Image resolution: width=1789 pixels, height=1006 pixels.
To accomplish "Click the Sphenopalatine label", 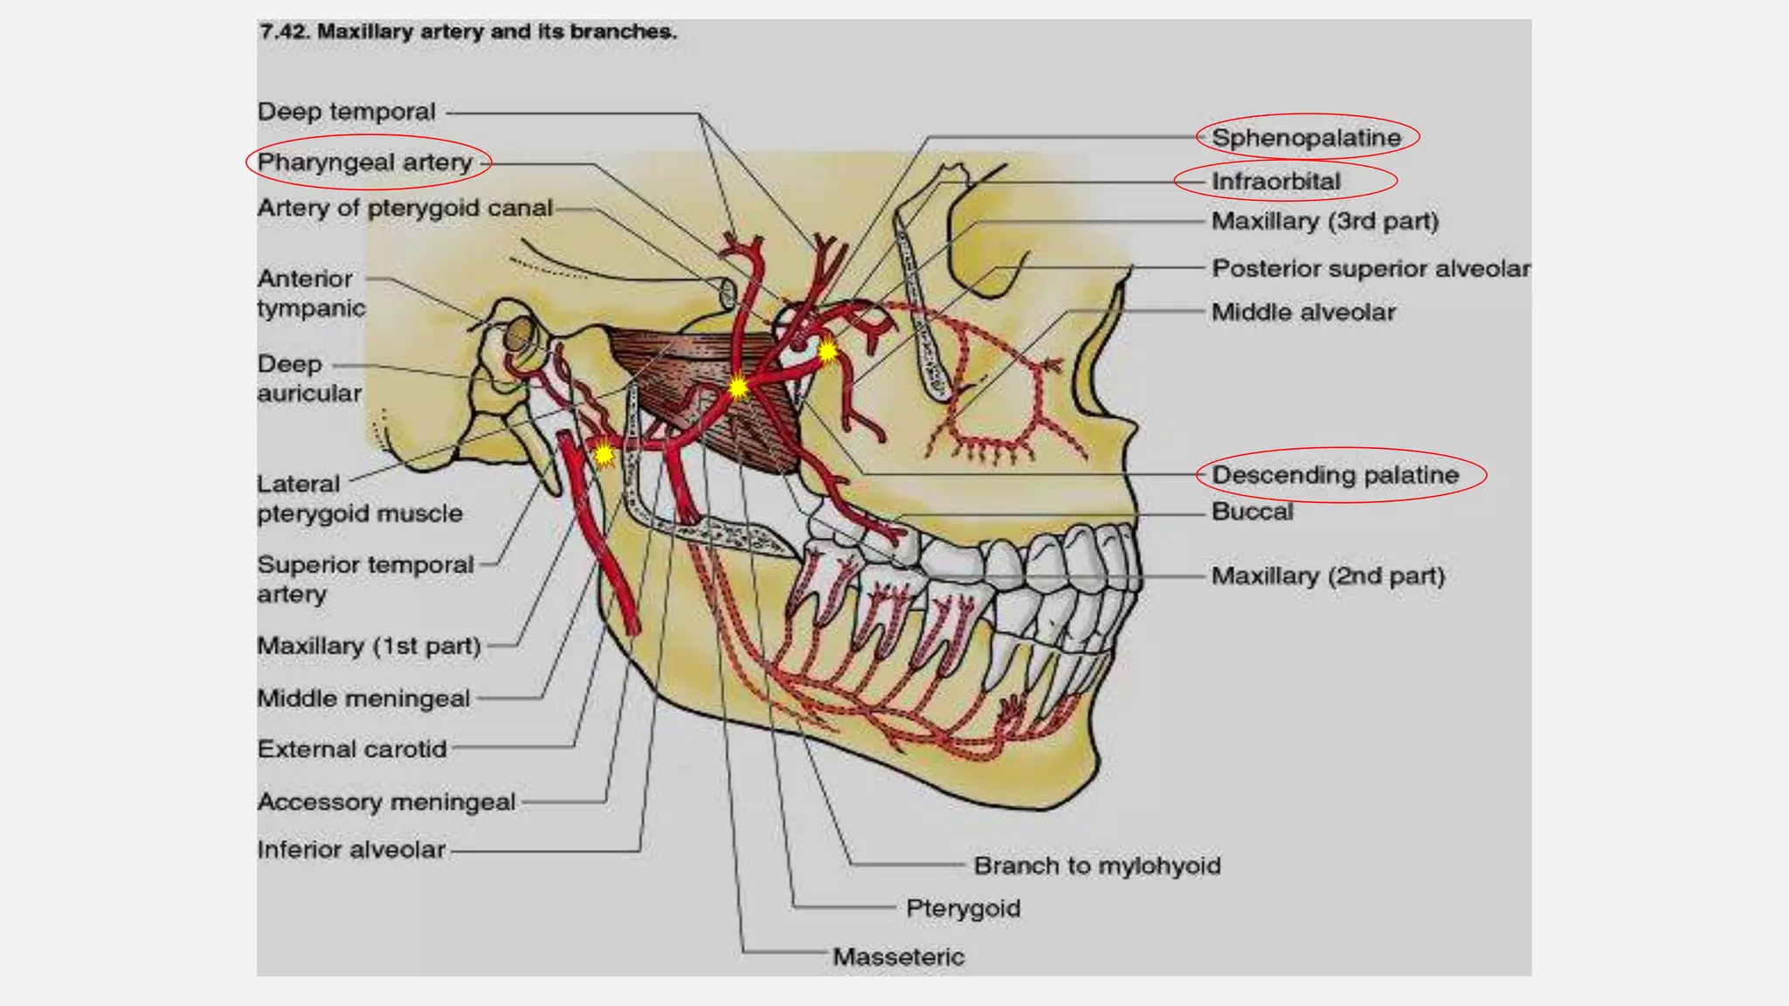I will point(1306,137).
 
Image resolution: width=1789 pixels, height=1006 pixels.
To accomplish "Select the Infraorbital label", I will point(1275,182).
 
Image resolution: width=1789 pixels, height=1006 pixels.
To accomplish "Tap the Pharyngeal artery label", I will point(364,162).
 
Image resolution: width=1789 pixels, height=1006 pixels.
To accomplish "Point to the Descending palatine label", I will point(1335,475).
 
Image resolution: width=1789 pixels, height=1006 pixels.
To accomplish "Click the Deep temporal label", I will point(346,112).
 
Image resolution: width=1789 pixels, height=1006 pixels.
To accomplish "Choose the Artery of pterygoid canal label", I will point(404,208).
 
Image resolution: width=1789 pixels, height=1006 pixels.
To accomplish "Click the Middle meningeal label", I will point(363,699).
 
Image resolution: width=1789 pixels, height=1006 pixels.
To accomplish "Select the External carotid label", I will point(352,749).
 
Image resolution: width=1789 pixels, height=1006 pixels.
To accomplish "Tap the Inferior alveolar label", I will point(351,850).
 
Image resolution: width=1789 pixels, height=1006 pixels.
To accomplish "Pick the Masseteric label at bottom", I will point(898,957).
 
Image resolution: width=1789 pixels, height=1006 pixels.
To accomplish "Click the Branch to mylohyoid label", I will point(1097,866).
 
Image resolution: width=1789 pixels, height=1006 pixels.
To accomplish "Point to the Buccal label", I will point(1252,512).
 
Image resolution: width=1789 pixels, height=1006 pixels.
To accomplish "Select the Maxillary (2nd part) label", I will point(1328,576).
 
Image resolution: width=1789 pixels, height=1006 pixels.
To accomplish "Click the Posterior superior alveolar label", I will point(1370,268).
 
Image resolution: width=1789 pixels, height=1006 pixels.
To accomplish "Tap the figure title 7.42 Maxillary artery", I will point(467,32).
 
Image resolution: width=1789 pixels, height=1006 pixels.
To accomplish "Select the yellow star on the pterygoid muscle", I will point(738,387).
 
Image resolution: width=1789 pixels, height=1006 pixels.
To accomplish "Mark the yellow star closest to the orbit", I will point(826,352).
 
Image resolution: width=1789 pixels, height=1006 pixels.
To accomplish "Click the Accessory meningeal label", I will point(386,802).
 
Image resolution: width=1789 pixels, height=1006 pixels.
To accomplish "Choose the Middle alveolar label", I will point(1303,312).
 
